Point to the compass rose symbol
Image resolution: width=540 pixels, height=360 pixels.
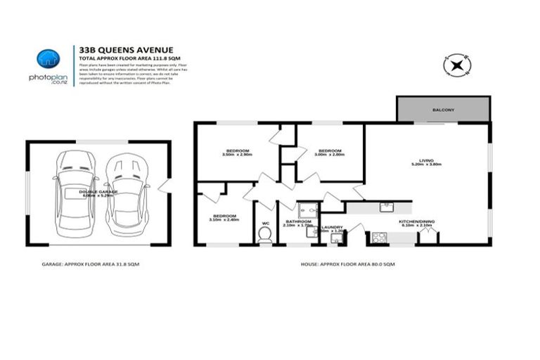click(456, 65)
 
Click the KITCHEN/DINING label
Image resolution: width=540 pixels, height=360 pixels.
click(416, 223)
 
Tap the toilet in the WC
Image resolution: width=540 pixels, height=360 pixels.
click(265, 237)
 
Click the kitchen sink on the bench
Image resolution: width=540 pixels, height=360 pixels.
click(386, 207)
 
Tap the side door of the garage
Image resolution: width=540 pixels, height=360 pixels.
click(164, 186)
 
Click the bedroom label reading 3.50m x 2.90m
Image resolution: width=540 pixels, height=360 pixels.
click(236, 153)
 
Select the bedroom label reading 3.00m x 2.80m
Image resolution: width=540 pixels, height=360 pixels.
click(329, 153)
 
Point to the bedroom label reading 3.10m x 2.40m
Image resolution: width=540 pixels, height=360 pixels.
click(224, 217)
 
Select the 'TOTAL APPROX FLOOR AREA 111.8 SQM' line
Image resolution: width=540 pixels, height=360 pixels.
click(127, 57)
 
